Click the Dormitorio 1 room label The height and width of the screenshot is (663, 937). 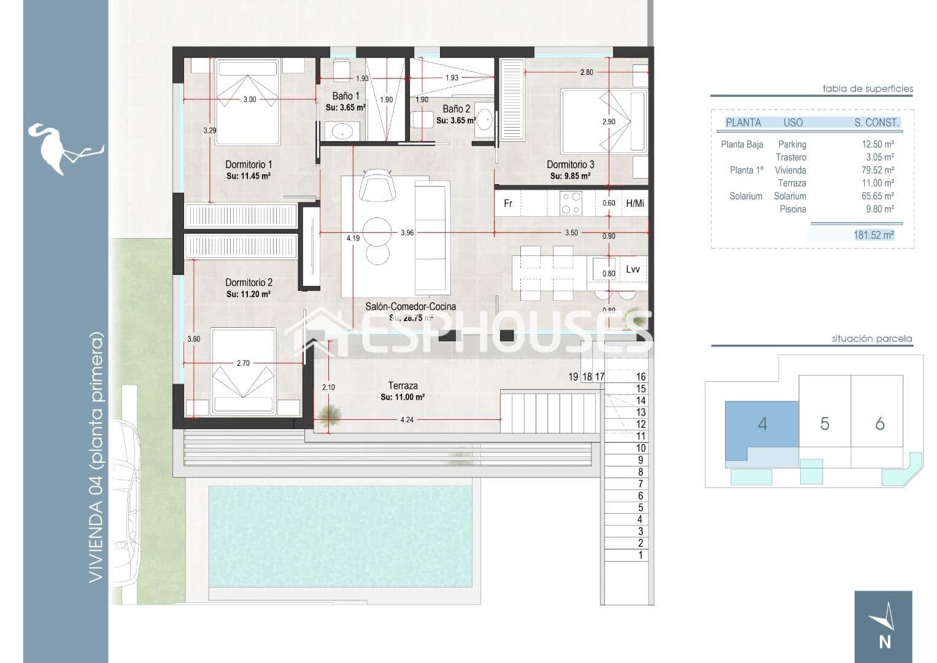click(248, 165)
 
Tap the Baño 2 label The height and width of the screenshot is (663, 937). click(456, 109)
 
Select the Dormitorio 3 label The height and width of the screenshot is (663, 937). click(570, 165)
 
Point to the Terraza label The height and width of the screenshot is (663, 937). click(403, 386)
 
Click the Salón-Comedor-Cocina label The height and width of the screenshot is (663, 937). click(410, 306)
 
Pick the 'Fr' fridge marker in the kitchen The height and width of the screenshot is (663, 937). click(507, 203)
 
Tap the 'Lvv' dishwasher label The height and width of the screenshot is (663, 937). click(633, 269)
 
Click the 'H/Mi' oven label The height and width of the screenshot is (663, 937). click(634, 203)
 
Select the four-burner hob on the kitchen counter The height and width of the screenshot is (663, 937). click(571, 203)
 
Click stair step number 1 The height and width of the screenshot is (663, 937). click(641, 555)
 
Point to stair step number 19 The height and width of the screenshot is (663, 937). click(573, 377)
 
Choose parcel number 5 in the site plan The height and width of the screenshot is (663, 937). click(824, 424)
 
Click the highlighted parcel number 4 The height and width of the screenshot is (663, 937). click(762, 424)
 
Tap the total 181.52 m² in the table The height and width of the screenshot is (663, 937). click(873, 235)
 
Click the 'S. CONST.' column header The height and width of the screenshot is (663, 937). click(876, 123)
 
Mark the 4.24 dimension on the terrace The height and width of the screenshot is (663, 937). click(406, 421)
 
